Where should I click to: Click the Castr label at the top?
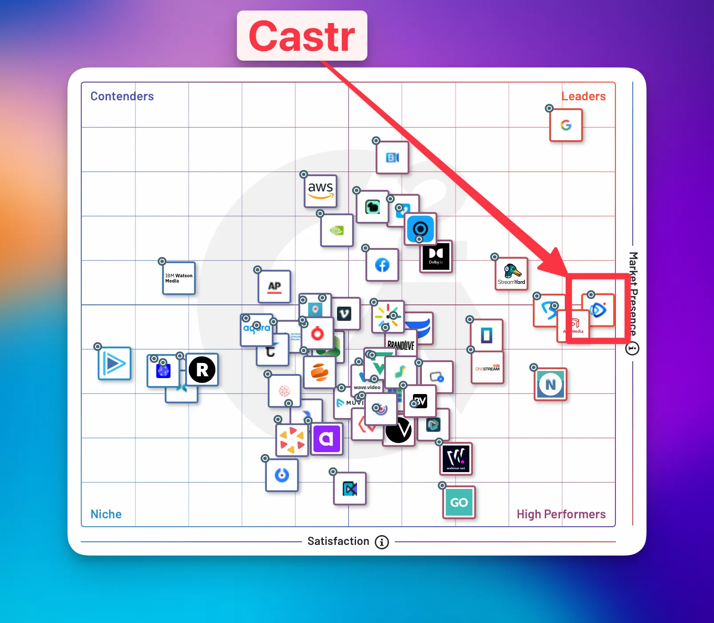point(302,36)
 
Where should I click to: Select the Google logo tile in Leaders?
point(566,125)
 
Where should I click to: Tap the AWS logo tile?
point(321,191)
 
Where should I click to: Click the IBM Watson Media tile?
point(179,278)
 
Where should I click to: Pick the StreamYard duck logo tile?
point(512,274)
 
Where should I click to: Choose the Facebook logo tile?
point(382,265)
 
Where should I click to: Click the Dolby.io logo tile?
point(436,256)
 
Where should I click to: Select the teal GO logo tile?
point(459,502)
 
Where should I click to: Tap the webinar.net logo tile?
point(456,458)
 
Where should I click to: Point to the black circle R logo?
point(202,370)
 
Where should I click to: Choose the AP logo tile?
point(274,287)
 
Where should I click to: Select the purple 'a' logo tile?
point(327,439)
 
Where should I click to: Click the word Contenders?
point(122,96)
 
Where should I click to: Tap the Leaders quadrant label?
point(583,96)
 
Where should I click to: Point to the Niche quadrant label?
point(106,514)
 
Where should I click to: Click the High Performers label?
point(561,514)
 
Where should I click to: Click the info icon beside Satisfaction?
point(382,542)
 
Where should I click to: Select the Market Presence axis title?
point(633,293)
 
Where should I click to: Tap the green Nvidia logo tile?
point(337,230)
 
